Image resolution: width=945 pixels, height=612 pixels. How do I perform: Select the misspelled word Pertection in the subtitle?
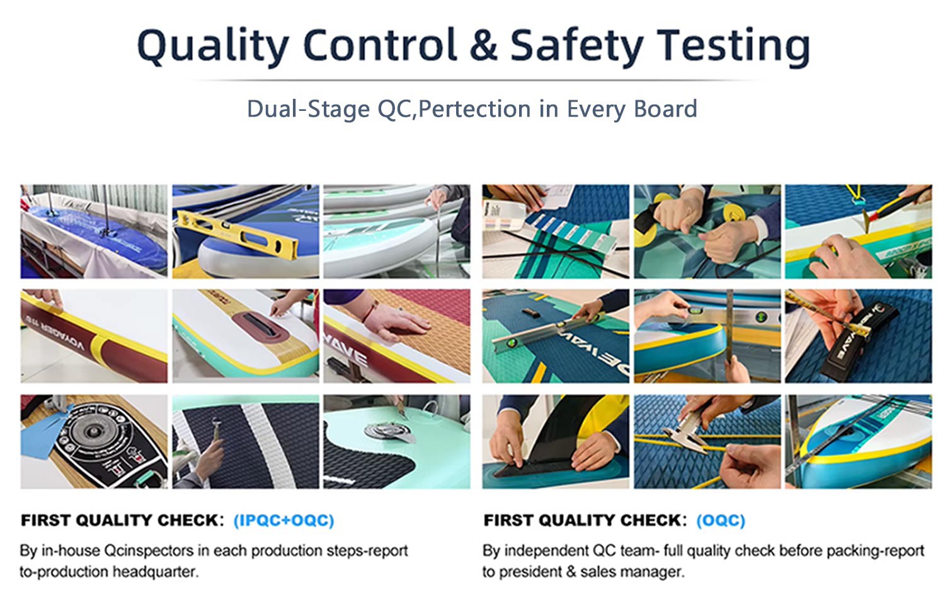(474, 109)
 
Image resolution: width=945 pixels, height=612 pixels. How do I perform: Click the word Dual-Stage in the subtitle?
(308, 109)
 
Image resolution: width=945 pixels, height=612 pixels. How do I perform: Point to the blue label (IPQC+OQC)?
(283, 521)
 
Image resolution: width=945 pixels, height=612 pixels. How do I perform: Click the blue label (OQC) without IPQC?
(721, 521)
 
